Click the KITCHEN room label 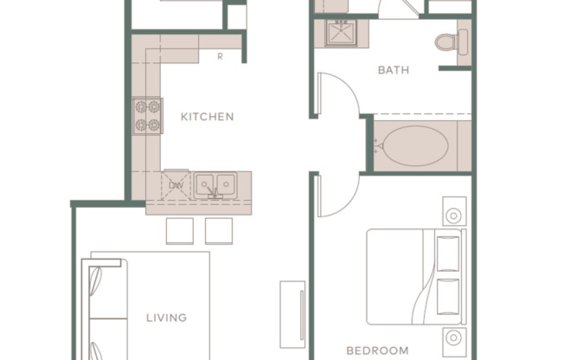[x=207, y=117]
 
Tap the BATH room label [x=394, y=70]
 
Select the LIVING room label [x=166, y=318]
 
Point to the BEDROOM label [x=377, y=350]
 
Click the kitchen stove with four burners [x=148, y=116]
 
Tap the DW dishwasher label [x=176, y=185]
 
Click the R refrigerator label [x=221, y=57]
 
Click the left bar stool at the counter [x=180, y=231]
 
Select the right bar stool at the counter [x=220, y=231]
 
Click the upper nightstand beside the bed [x=455, y=213]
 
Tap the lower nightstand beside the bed [x=455, y=340]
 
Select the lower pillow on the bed [x=448, y=297]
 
